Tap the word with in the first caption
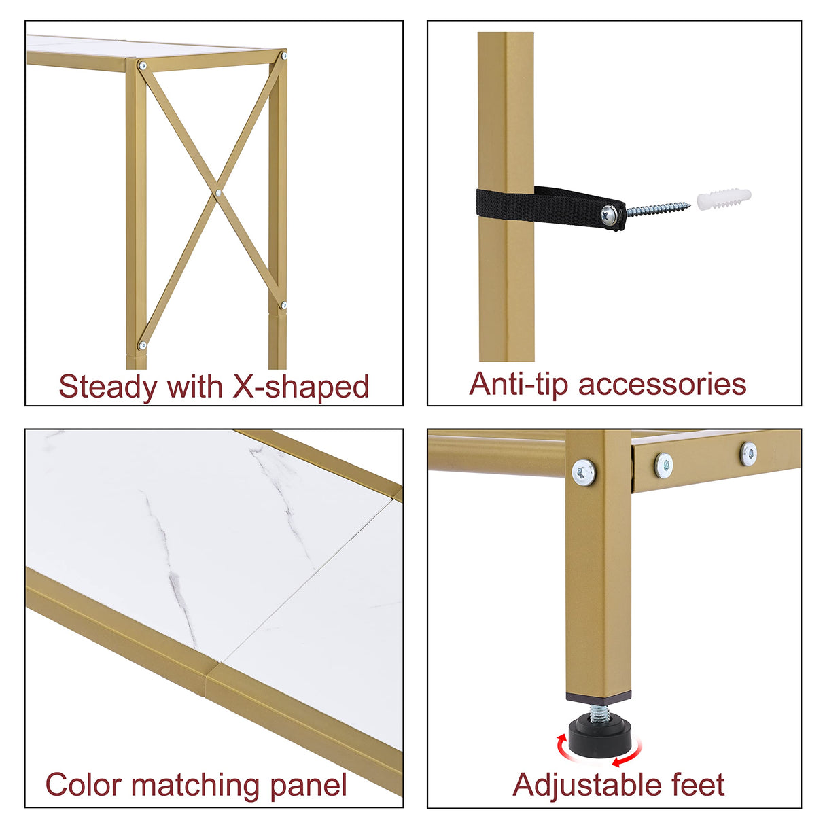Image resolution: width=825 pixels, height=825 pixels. [x=195, y=387]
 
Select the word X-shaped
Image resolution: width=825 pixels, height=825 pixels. [x=300, y=387]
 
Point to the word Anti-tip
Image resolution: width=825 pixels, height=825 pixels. [x=519, y=384]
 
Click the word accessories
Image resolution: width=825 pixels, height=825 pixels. [x=662, y=384]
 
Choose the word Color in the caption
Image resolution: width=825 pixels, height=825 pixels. [x=84, y=785]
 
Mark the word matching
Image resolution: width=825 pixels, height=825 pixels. [x=196, y=785]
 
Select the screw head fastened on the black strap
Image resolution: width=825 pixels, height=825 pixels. [x=610, y=215]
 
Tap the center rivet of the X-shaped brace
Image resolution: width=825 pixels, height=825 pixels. [x=218, y=193]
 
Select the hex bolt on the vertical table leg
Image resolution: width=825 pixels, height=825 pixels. [x=584, y=471]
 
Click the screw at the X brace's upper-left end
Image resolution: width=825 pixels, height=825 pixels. [x=142, y=66]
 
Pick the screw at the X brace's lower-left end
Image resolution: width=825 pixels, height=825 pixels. [x=142, y=345]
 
